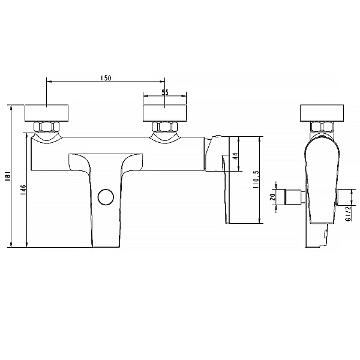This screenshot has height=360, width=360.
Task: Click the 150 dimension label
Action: coord(106,78)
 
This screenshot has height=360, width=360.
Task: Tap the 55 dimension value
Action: coord(165,92)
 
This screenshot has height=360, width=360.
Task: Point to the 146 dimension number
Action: coord(24,190)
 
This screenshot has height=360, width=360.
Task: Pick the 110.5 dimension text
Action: coord(256,180)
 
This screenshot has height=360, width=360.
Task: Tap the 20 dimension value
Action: coord(273,197)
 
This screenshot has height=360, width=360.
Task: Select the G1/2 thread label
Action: coord(349,213)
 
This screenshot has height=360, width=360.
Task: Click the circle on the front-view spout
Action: coord(106,197)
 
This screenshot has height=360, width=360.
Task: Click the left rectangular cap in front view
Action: coord(47,113)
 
